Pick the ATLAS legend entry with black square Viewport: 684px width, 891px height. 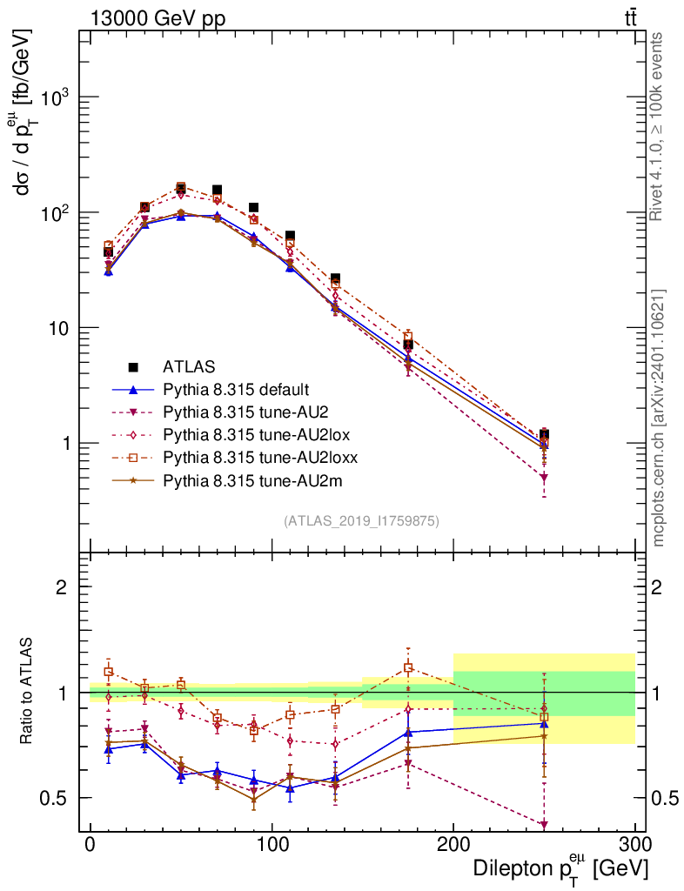(x=189, y=366)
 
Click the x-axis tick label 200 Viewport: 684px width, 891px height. (x=453, y=845)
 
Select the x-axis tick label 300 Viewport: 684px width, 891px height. (x=634, y=845)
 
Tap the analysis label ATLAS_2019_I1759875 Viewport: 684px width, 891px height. (x=361, y=520)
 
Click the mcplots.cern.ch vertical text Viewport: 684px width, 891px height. (x=659, y=418)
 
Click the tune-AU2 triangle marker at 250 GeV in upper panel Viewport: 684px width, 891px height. (x=544, y=478)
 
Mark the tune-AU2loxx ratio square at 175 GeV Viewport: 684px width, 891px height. (x=408, y=668)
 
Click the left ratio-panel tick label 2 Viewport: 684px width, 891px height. (x=62, y=586)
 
